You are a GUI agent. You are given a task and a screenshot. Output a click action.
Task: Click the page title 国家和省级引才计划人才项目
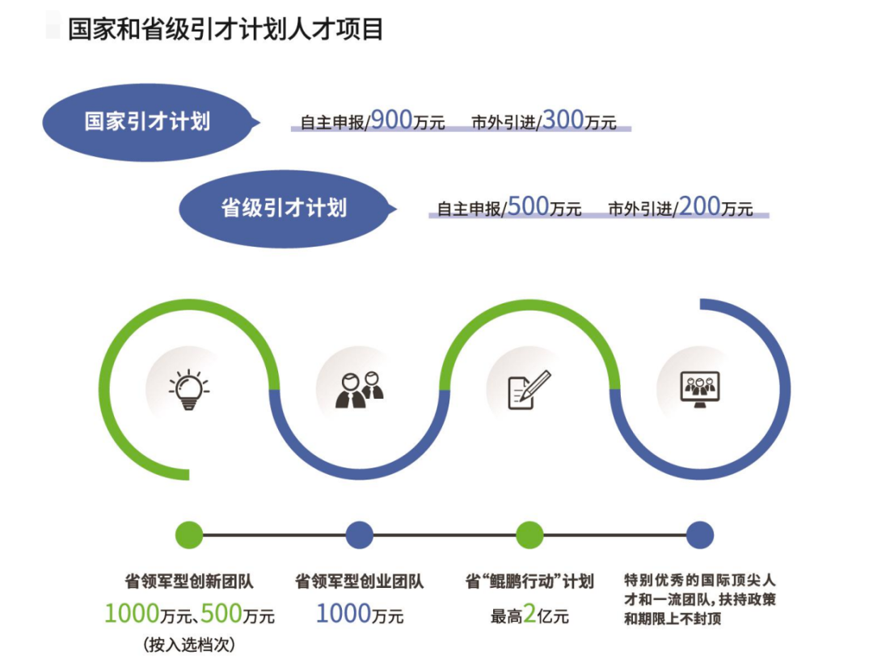(x=226, y=30)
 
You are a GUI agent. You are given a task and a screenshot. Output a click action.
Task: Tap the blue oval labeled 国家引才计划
(x=147, y=122)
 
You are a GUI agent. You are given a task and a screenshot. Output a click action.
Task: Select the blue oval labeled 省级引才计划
(x=284, y=208)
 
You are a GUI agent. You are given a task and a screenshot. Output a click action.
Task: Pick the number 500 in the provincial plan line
(x=529, y=206)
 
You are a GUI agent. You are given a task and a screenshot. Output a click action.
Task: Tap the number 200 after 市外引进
(x=699, y=206)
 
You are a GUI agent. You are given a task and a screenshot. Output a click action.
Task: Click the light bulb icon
(x=189, y=389)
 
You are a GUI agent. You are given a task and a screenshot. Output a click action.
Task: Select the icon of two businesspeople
(x=360, y=389)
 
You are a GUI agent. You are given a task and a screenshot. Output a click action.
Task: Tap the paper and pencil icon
(x=529, y=389)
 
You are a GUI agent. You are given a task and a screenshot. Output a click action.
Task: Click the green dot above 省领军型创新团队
(x=189, y=535)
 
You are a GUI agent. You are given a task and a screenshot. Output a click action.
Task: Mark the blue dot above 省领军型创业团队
(x=360, y=535)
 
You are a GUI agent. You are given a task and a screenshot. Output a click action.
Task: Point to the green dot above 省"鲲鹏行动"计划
(x=529, y=535)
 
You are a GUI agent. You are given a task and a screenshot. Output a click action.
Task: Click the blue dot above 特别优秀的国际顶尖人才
(x=700, y=535)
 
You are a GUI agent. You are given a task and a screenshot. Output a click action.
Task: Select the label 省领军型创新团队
(x=189, y=582)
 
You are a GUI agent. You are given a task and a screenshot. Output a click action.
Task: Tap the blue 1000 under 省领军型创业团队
(x=343, y=615)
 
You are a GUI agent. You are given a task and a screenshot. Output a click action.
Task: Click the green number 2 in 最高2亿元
(x=530, y=615)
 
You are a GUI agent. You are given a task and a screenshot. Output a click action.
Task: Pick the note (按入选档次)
(x=189, y=645)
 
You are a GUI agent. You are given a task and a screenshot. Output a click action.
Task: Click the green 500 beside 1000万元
(x=221, y=615)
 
